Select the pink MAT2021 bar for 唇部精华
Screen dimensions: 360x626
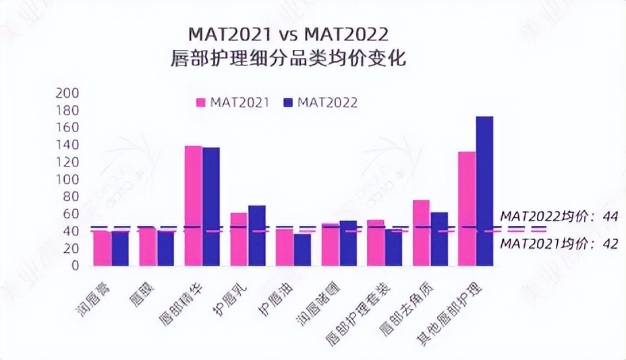pyautogui.click(x=193, y=206)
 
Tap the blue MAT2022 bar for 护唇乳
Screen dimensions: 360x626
pyautogui.click(x=256, y=235)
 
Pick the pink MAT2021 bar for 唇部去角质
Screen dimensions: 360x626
pyautogui.click(x=421, y=233)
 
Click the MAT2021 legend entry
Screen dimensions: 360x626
pyautogui.click(x=233, y=102)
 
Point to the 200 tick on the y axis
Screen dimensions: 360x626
pyautogui.click(x=70, y=93)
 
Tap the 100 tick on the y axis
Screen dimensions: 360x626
pyautogui.click(x=70, y=179)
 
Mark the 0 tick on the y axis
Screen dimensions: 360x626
pyautogui.click(x=76, y=266)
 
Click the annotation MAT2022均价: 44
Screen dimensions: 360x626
pyautogui.click(x=559, y=216)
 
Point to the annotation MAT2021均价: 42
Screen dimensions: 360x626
pyautogui.click(x=559, y=244)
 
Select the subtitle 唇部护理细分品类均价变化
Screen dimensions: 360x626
pyautogui.click(x=288, y=59)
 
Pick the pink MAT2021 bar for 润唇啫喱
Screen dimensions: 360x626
pyautogui.click(x=330, y=245)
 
